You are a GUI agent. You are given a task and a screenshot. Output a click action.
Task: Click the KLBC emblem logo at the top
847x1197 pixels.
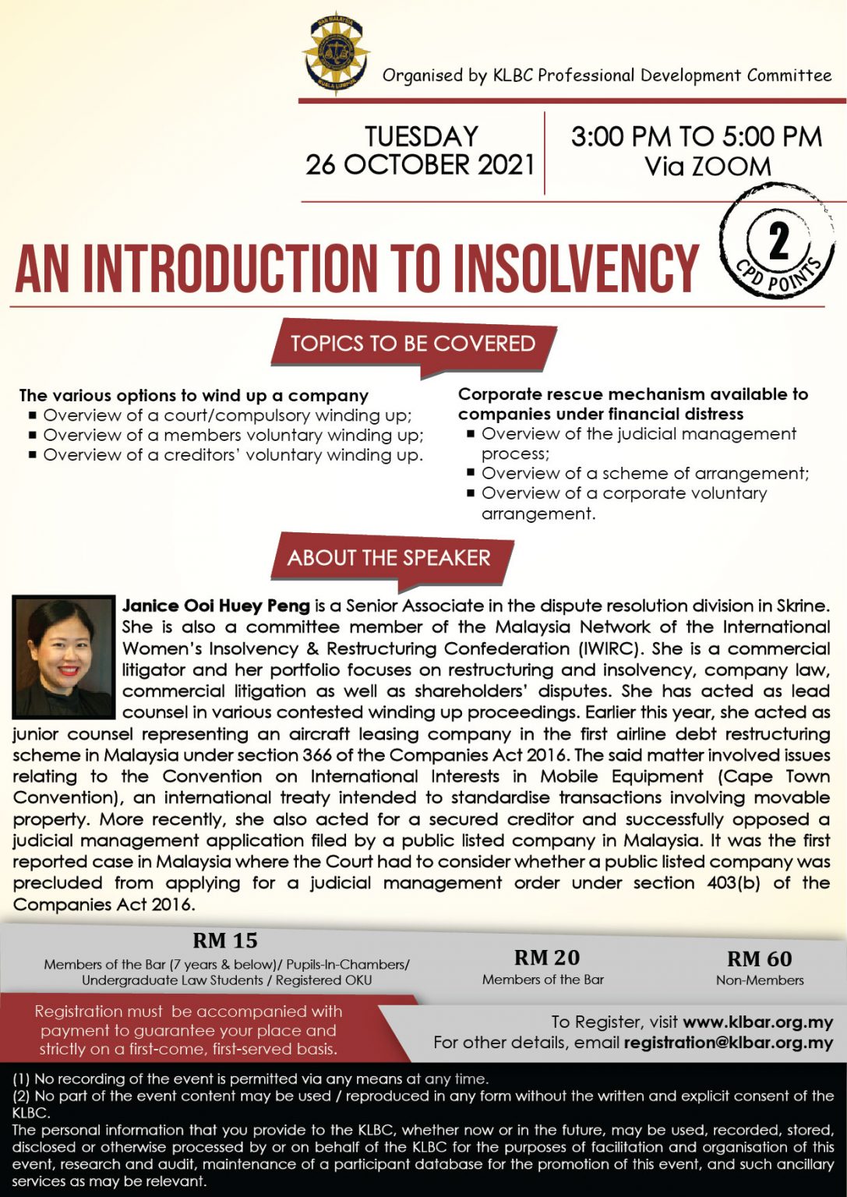coord(336,52)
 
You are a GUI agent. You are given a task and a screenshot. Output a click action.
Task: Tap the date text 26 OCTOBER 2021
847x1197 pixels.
coord(420,165)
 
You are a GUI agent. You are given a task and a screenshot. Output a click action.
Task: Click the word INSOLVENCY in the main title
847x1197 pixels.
coord(576,267)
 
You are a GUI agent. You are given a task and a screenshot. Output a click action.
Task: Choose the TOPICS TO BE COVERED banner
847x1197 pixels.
coord(413,344)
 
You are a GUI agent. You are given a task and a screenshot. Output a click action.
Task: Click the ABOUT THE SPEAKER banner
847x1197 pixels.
coord(389,558)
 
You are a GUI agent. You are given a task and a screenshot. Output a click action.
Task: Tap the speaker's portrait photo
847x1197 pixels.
coord(64,657)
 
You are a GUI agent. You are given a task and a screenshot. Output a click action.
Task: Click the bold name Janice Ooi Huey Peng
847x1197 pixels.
coord(216,606)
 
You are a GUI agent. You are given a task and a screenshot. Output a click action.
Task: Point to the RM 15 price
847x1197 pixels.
coord(225,941)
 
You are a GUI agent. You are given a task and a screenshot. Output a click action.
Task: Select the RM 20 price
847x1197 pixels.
coord(547,958)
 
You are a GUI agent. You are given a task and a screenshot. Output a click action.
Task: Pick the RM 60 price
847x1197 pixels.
coord(759,959)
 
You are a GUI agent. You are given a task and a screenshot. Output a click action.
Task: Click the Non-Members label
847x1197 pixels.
coord(760,980)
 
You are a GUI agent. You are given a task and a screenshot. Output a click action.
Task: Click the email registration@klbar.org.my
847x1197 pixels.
coord(729,1043)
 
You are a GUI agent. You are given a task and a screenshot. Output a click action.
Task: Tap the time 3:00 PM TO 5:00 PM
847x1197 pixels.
coord(696,137)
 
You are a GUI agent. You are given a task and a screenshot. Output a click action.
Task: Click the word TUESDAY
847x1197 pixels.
coord(421,136)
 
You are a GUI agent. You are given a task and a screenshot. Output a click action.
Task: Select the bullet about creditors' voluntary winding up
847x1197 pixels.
coord(233,455)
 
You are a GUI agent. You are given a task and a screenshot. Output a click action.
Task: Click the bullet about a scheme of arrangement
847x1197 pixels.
coord(645,473)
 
